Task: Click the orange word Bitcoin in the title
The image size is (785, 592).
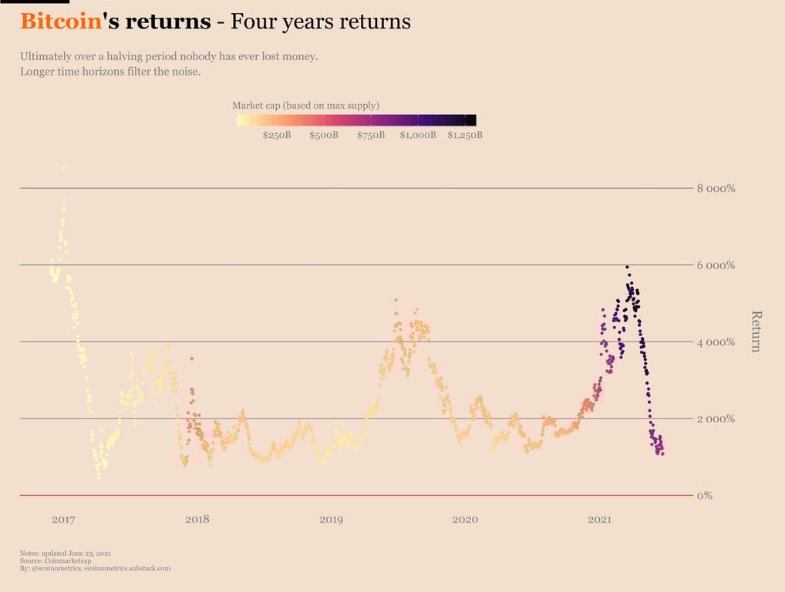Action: [x=61, y=22]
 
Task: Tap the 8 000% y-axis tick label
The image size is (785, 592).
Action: [x=716, y=189]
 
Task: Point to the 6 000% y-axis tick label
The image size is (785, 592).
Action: [x=716, y=265]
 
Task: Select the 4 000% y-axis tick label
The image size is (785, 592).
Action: [x=716, y=342]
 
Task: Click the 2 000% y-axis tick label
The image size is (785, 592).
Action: [x=716, y=419]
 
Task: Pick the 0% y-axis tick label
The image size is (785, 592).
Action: [x=704, y=496]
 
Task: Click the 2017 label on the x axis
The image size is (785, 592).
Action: [x=63, y=520]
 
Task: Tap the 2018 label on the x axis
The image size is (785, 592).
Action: [x=197, y=520]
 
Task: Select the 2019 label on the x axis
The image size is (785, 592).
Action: [x=332, y=520]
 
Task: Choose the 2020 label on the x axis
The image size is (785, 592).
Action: [x=465, y=520]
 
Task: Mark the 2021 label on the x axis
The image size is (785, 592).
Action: [x=599, y=520]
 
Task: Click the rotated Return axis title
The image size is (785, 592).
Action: [x=756, y=331]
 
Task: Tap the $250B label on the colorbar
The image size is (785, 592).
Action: [x=277, y=136]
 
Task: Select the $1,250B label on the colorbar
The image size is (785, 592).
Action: [x=465, y=136]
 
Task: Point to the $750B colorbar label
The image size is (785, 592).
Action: [x=371, y=136]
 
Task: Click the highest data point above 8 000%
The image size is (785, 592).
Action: [x=64, y=167]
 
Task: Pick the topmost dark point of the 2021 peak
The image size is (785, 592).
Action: [x=627, y=267]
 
